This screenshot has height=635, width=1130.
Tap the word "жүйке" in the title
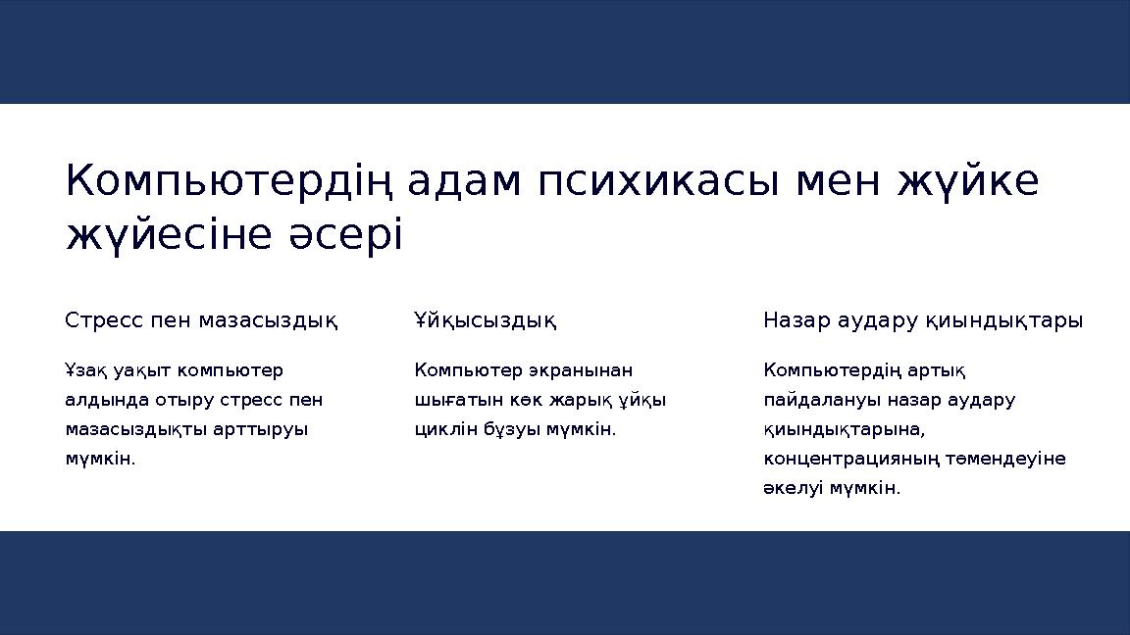pyautogui.click(x=968, y=181)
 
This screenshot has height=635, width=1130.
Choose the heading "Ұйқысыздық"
pyautogui.click(x=485, y=320)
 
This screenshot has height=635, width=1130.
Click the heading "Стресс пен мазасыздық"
pyautogui.click(x=201, y=320)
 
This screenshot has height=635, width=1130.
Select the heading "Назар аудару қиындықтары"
pyautogui.click(x=923, y=320)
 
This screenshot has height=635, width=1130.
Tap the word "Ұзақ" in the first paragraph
pyautogui.click(x=85, y=370)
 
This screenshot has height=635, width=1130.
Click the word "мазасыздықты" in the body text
pyautogui.click(x=143, y=429)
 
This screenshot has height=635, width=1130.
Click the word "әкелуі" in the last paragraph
pyautogui.click(x=792, y=488)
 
